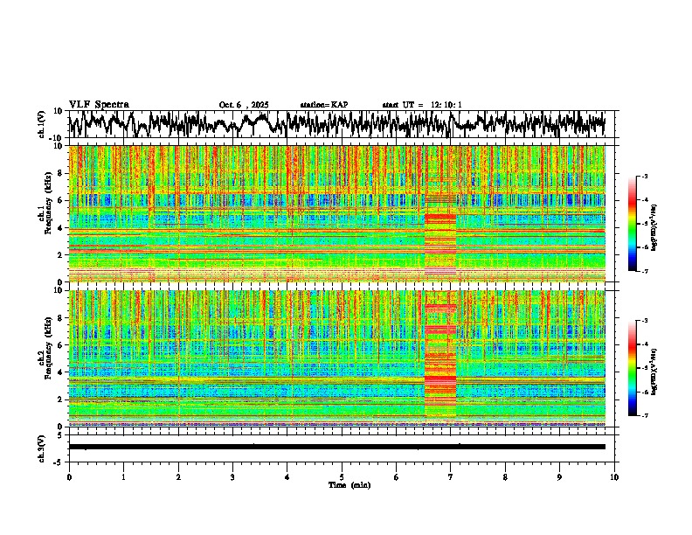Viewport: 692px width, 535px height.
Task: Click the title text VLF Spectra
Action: tap(98, 105)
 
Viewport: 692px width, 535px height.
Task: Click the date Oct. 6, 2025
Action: tap(244, 105)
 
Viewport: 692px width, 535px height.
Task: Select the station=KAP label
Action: tap(323, 105)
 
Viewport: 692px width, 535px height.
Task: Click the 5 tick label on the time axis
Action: tap(342, 476)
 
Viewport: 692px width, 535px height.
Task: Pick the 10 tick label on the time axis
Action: tap(614, 476)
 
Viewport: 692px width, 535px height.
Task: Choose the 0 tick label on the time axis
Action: tap(69, 476)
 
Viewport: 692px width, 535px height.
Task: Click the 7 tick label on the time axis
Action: tap(451, 476)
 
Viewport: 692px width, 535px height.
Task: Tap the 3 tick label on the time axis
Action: tap(232, 476)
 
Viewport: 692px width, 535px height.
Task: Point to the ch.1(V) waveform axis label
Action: tap(43, 124)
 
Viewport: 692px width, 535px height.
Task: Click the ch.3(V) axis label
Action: tap(43, 447)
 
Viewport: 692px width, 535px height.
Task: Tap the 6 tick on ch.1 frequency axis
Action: tap(61, 200)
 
